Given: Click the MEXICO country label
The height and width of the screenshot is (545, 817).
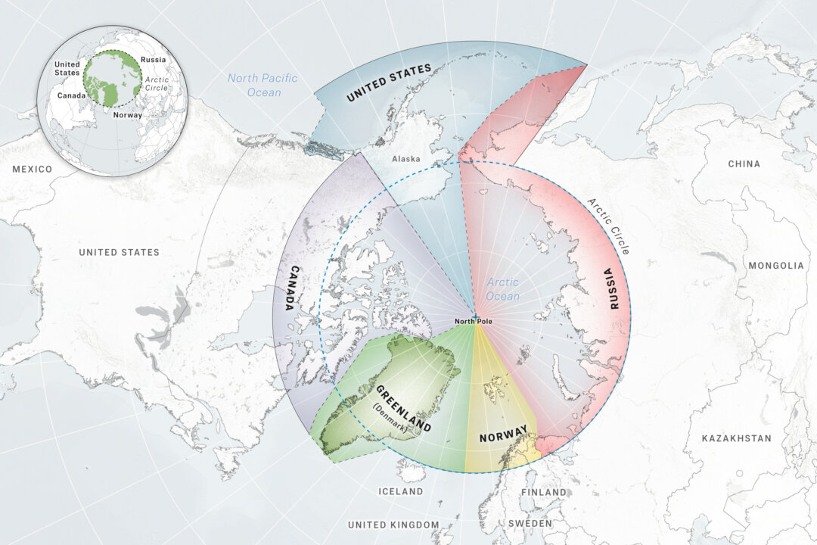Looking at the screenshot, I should [32, 169].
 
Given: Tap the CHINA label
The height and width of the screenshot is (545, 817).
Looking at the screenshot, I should [744, 163].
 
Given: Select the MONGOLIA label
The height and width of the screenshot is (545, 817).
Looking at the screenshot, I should [775, 266].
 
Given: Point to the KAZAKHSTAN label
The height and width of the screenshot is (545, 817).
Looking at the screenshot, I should [736, 438].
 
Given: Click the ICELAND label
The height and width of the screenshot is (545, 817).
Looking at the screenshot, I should [401, 491].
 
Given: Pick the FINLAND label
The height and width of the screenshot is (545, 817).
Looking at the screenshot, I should [543, 492].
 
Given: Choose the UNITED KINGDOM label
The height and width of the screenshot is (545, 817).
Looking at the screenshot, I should [393, 525].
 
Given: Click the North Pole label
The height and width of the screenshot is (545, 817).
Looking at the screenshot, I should [474, 322].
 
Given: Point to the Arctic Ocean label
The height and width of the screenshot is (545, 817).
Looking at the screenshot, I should [503, 289].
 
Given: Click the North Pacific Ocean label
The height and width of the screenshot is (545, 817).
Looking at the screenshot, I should [262, 85].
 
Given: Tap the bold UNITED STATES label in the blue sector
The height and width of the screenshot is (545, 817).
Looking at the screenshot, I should [388, 83].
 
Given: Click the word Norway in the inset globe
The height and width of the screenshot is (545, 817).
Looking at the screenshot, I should [127, 116].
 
